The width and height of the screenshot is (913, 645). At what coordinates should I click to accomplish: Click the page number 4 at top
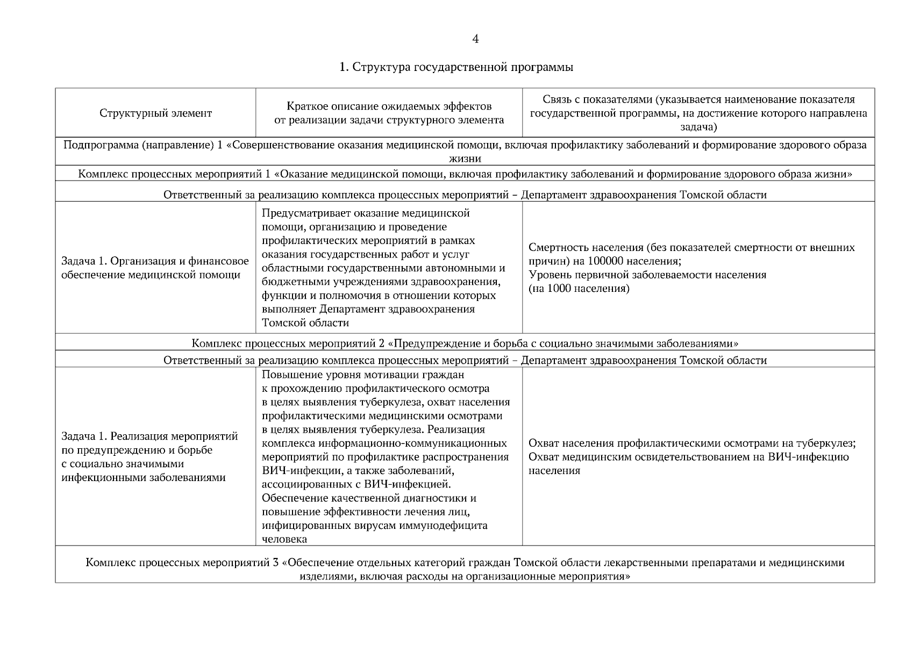[475, 39]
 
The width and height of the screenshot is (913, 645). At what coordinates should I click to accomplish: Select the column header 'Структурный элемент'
[155, 113]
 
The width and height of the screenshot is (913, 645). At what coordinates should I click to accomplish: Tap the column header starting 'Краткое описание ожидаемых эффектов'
[389, 113]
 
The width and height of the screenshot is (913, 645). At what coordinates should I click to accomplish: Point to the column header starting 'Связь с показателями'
[698, 113]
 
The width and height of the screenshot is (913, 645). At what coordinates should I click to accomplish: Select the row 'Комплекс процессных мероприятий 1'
[465, 174]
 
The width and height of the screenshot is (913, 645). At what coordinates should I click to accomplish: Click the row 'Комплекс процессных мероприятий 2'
[465, 343]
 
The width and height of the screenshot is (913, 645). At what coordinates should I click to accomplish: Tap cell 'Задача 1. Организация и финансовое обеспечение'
[155, 268]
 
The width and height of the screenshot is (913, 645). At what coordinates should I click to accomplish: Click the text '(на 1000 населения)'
[579, 289]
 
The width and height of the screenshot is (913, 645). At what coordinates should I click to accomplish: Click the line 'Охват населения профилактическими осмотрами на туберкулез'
[692, 443]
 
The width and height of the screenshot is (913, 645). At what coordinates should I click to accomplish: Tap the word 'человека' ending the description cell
[284, 539]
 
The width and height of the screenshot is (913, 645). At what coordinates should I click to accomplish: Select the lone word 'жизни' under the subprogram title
[465, 159]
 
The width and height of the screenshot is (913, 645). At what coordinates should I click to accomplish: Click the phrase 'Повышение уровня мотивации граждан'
[363, 375]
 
